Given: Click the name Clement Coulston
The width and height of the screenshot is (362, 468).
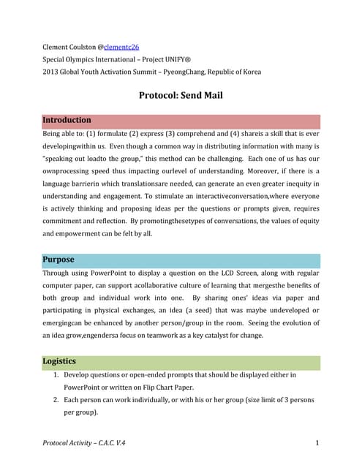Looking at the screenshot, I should (71, 46).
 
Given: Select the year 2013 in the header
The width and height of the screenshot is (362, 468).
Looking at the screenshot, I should (50, 71).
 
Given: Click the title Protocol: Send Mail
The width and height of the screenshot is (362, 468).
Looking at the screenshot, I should (181, 95).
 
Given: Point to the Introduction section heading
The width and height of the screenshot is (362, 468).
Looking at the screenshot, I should (67, 120).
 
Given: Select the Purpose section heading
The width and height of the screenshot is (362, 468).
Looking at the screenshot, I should (58, 260).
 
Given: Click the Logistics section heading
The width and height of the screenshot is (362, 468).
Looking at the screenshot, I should (60, 361).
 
